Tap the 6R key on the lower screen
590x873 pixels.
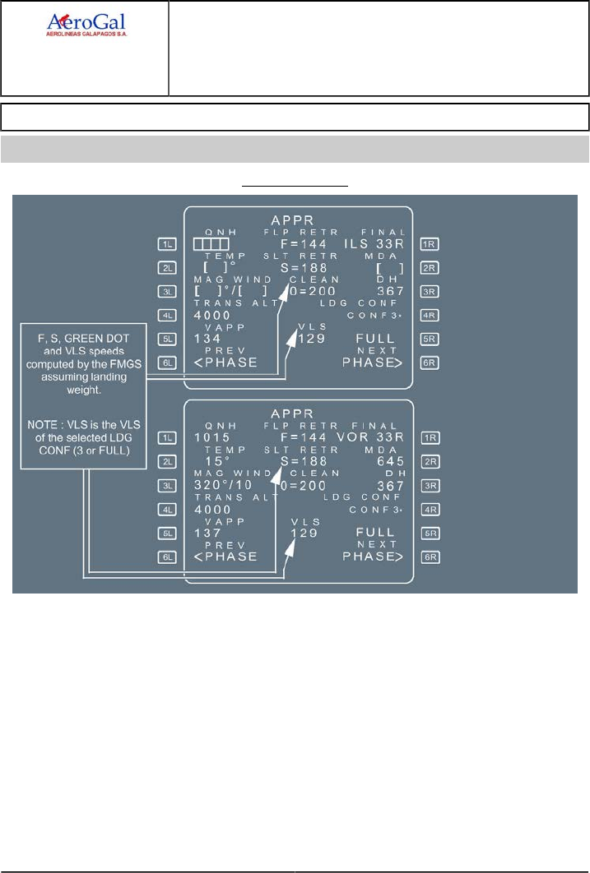(x=429, y=557)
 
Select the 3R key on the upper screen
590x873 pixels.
(x=429, y=291)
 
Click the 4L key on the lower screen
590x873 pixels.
(x=167, y=509)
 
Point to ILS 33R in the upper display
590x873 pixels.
(x=376, y=244)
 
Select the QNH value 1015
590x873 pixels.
(x=212, y=437)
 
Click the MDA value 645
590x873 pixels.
(x=389, y=461)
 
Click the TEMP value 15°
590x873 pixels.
(x=211, y=461)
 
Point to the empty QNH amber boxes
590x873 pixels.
(x=211, y=244)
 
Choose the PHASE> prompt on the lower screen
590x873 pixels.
(x=373, y=557)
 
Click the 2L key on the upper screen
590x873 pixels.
(x=167, y=267)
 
